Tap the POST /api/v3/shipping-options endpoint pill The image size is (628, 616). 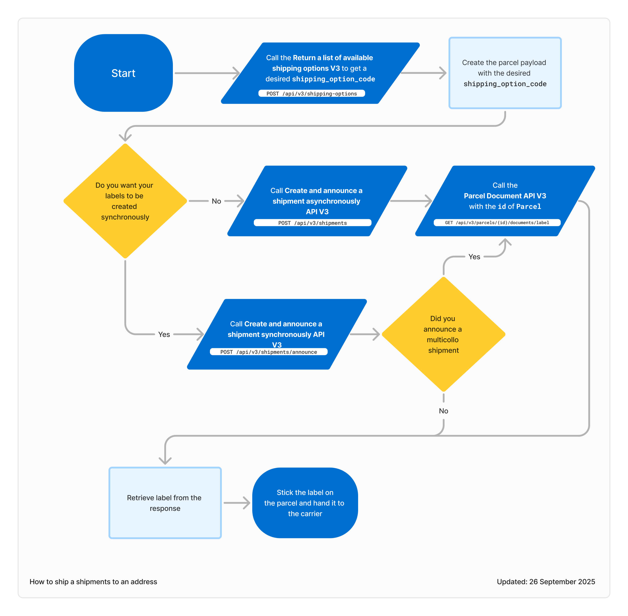tap(312, 94)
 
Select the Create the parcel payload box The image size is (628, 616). tap(505, 73)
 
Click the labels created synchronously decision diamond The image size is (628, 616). tap(125, 201)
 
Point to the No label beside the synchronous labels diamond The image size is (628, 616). tap(216, 201)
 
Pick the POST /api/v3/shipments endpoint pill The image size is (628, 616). tap(312, 223)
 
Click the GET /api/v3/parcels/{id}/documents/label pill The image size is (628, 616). tap(497, 223)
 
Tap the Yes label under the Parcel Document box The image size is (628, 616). tap(474, 257)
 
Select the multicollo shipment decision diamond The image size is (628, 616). tap(443, 334)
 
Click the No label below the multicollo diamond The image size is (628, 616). tap(443, 411)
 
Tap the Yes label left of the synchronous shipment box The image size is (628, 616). tap(164, 335)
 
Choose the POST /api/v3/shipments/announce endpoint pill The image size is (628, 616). tap(269, 352)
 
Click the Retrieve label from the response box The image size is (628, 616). tap(165, 503)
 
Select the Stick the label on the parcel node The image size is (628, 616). tap(305, 503)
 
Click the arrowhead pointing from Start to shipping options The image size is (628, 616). tap(237, 73)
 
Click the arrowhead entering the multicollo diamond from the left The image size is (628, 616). tap(377, 334)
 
